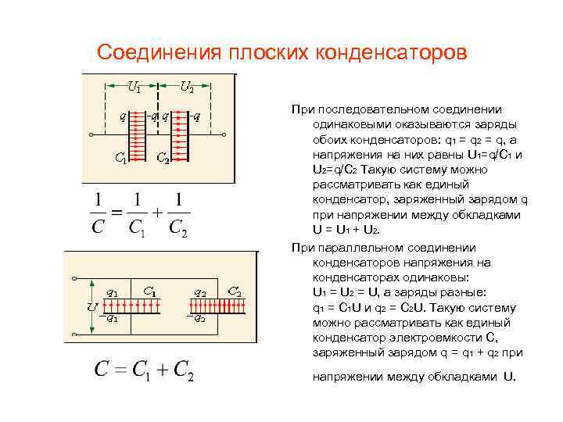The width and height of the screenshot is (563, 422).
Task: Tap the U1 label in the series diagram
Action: pos(134,87)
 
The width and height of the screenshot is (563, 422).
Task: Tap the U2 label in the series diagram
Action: pos(187,87)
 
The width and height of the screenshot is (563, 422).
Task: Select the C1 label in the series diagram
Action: pos(120,158)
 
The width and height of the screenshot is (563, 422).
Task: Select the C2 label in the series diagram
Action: pos(163,158)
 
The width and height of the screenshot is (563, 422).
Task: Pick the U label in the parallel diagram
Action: pos(92,307)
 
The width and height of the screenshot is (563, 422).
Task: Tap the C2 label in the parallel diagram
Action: pos(233,290)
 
